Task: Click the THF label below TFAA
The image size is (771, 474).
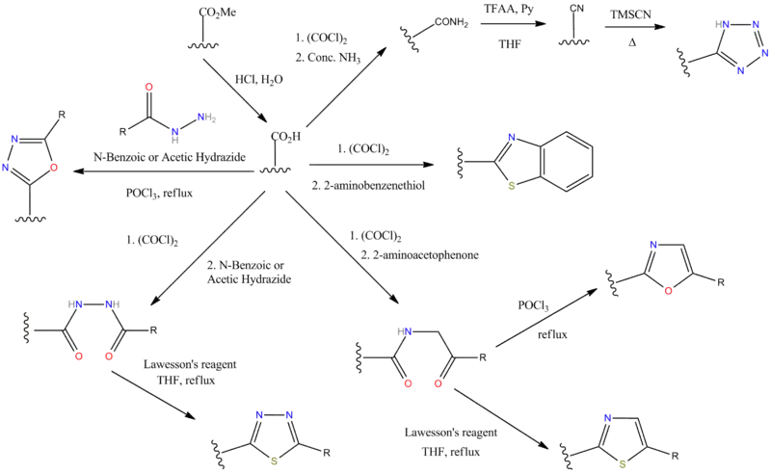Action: point(505,44)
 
